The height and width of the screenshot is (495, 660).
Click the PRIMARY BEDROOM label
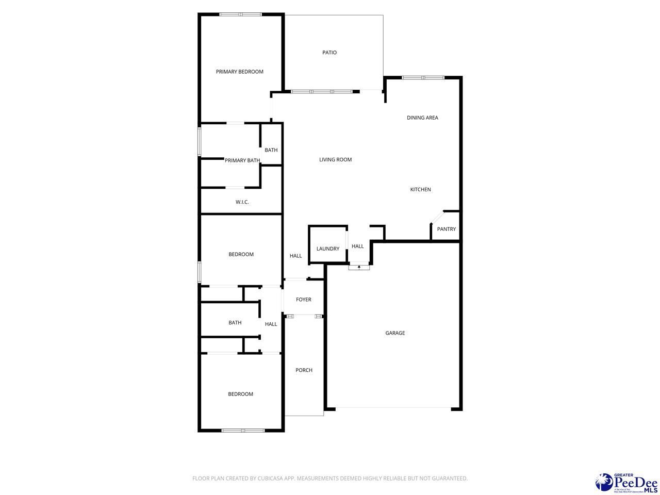click(x=239, y=72)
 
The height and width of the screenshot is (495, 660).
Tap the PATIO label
click(x=329, y=53)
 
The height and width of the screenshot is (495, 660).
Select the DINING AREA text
click(x=422, y=118)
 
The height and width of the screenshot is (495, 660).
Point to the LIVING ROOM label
click(x=335, y=160)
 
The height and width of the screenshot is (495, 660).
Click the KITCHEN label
click(x=420, y=190)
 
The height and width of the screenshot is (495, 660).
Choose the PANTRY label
click(x=446, y=229)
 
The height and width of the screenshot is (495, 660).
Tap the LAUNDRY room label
click(x=328, y=249)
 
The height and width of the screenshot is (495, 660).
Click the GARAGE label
click(x=395, y=333)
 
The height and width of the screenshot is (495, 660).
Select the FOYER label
click(x=303, y=300)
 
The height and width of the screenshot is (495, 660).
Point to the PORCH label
click(x=304, y=370)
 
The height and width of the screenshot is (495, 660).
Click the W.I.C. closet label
click(x=242, y=202)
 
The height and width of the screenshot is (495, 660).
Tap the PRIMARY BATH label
click(x=242, y=160)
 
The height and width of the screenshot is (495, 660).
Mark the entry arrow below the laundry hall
click(x=359, y=267)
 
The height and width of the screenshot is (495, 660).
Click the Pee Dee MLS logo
click(x=626, y=482)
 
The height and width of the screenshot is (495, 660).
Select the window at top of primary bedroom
click(x=241, y=14)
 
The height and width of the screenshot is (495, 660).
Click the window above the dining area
click(x=423, y=78)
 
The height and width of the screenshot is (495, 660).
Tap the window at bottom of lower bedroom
click(x=243, y=430)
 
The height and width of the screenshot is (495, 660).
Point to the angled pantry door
click(x=437, y=217)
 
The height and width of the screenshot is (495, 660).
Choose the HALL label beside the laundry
click(x=357, y=246)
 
